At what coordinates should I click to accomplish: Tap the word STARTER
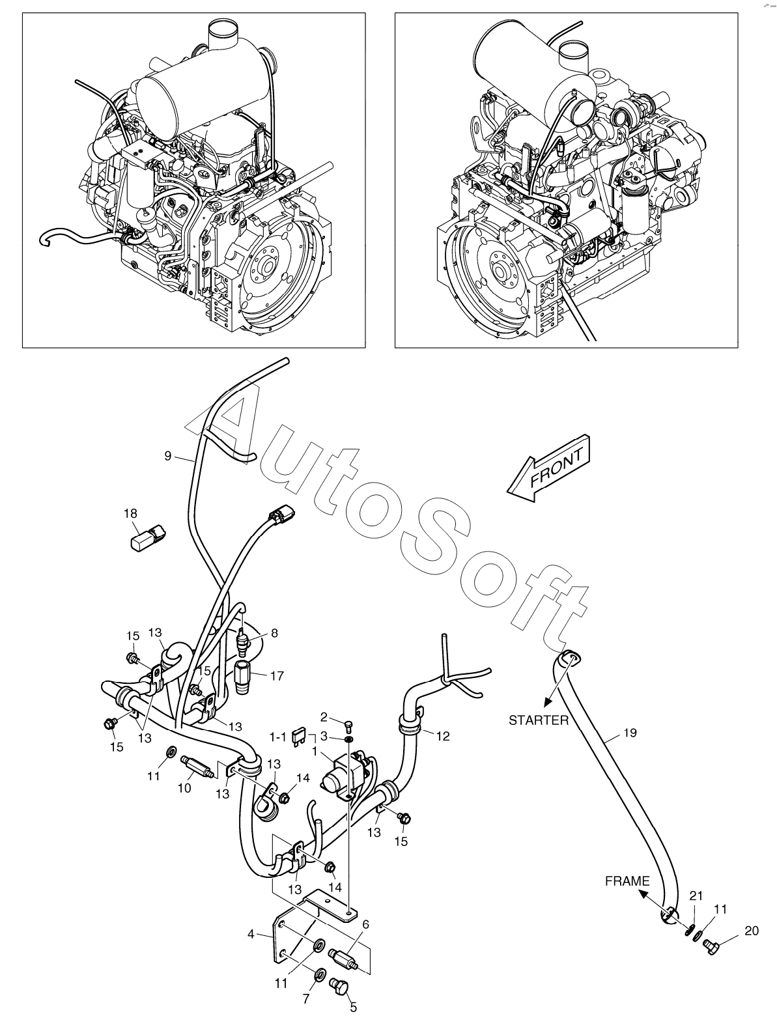[539, 720]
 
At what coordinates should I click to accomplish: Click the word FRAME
[627, 881]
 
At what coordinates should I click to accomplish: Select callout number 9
[168, 456]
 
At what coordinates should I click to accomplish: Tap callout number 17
[277, 676]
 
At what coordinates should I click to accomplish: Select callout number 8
[274, 632]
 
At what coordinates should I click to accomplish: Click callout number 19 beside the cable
[629, 733]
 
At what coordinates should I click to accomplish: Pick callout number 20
[751, 931]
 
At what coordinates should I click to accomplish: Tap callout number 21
[697, 896]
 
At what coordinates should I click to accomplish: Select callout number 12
[443, 737]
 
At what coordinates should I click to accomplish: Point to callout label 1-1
[278, 737]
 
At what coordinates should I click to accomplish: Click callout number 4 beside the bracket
[251, 935]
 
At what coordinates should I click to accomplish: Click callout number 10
[184, 788]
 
